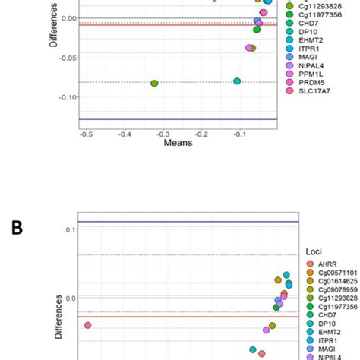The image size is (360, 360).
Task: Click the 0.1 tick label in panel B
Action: pos(68,229)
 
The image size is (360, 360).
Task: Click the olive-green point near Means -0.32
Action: pos(154,83)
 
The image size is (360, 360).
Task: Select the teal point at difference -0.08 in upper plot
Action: pos(237,81)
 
